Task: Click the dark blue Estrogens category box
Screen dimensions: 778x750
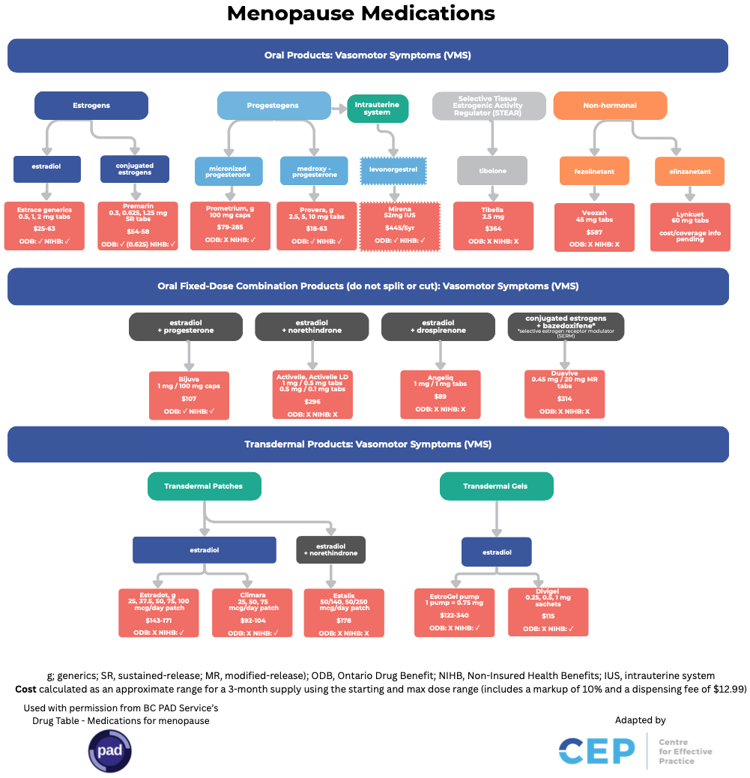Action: (x=91, y=106)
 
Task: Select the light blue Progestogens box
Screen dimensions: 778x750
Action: (x=273, y=106)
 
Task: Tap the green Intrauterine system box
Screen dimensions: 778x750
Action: (x=378, y=109)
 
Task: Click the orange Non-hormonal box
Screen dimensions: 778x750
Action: (x=610, y=106)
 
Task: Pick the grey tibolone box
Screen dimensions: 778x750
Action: (x=492, y=171)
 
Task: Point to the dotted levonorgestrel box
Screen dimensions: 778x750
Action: (x=393, y=170)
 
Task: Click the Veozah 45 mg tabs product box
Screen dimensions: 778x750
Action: (x=594, y=226)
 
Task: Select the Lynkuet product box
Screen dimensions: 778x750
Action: (x=690, y=226)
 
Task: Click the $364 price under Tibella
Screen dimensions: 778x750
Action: (x=492, y=228)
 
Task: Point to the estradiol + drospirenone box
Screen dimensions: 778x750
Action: (x=438, y=326)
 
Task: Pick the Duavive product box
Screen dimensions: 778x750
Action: (x=564, y=393)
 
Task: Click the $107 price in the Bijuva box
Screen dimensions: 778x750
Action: (x=189, y=399)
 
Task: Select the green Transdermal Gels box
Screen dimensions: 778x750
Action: (x=496, y=486)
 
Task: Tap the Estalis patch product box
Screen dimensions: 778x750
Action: (x=344, y=612)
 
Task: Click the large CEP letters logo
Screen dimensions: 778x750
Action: (x=596, y=751)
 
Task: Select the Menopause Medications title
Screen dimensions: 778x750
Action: (x=361, y=13)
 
